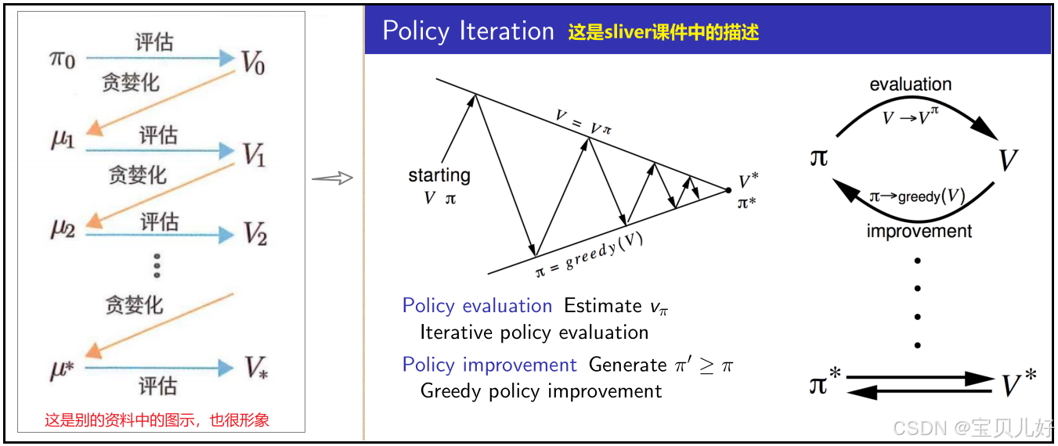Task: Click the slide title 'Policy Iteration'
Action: pyautogui.click(x=468, y=31)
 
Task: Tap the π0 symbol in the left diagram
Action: pyautogui.click(x=63, y=60)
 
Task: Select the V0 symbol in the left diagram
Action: pyautogui.click(x=254, y=63)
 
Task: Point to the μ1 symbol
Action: pyautogui.click(x=63, y=139)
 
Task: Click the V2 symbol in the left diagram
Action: pyautogui.click(x=255, y=233)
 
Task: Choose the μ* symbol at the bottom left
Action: pyautogui.click(x=62, y=369)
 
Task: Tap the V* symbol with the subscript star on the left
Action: pyautogui.click(x=256, y=368)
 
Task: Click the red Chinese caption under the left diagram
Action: pyautogui.click(x=157, y=419)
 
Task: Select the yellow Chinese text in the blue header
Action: pyautogui.click(x=663, y=32)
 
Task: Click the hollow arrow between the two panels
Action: pyautogui.click(x=333, y=178)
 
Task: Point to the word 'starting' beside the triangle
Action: pyautogui.click(x=439, y=175)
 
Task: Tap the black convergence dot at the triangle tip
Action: pyautogui.click(x=728, y=190)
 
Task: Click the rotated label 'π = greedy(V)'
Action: pyautogui.click(x=589, y=255)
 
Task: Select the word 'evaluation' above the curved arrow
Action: pyautogui.click(x=911, y=84)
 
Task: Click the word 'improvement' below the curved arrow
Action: pyautogui.click(x=919, y=232)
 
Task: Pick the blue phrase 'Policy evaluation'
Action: pyautogui.click(x=477, y=306)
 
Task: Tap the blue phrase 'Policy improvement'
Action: pyautogui.click(x=489, y=365)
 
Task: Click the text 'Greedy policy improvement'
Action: pyautogui.click(x=541, y=391)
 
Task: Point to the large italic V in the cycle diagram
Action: pyautogui.click(x=1008, y=160)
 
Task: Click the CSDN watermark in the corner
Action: pyautogui.click(x=973, y=427)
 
